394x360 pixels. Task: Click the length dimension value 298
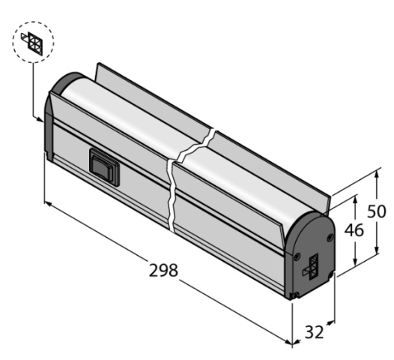coord(163,271)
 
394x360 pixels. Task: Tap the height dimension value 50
coord(376,211)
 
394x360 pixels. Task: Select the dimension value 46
coord(354,230)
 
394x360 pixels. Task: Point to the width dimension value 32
coord(314,331)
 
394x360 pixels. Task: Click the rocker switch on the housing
coord(104,167)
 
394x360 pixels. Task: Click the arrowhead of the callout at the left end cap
coord(40,119)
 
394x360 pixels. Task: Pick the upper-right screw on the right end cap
coord(330,238)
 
